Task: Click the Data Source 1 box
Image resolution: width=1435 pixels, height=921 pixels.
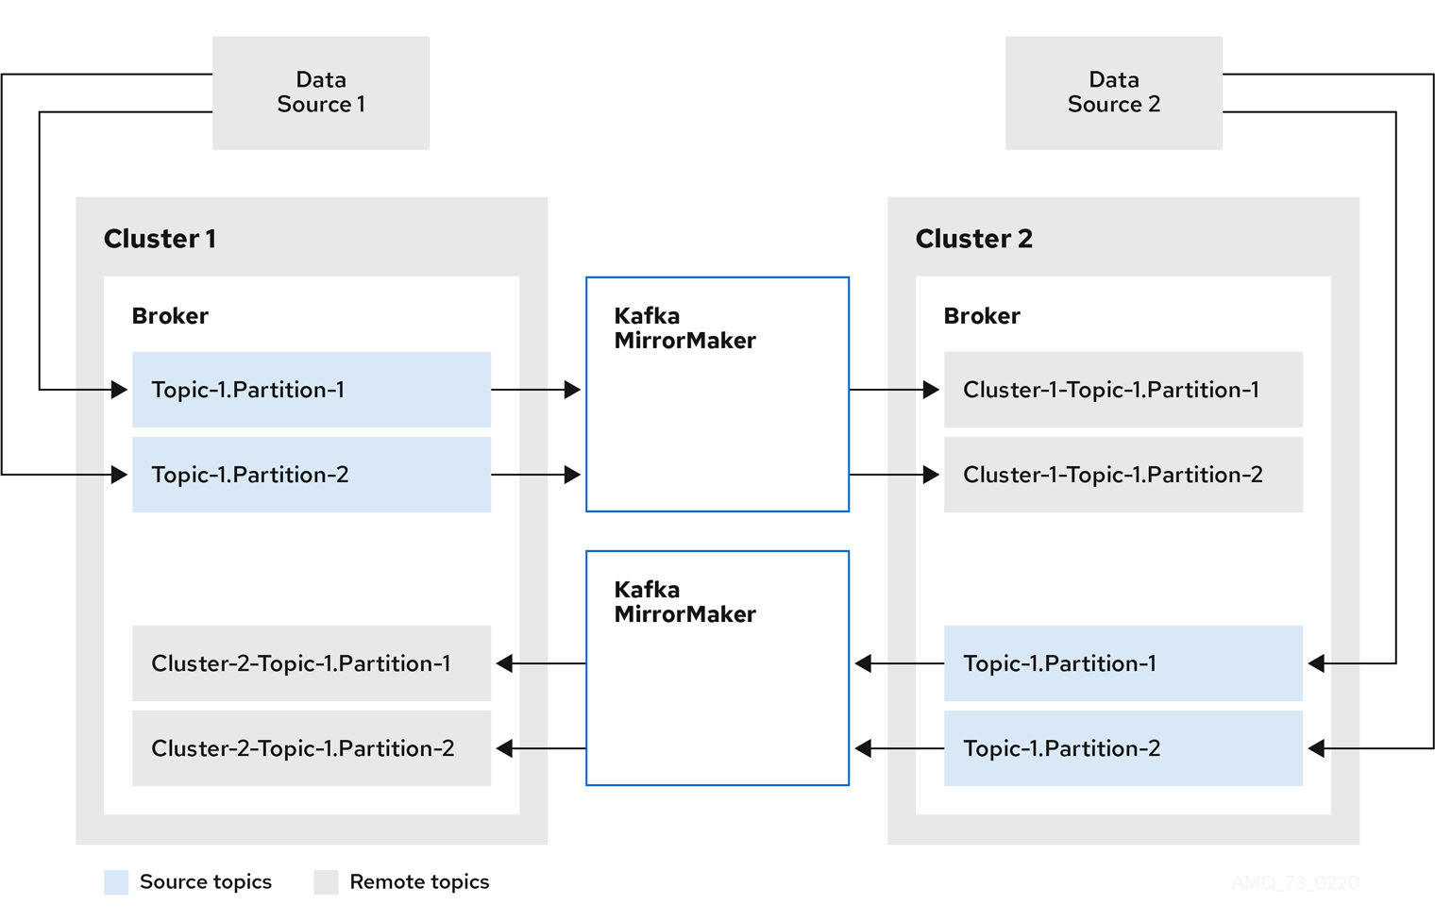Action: tap(321, 92)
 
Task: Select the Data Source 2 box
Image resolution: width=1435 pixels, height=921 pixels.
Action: tap(1113, 92)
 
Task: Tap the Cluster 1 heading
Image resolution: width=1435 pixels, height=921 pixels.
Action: tap(160, 239)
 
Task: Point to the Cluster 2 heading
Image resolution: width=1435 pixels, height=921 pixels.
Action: tap(973, 239)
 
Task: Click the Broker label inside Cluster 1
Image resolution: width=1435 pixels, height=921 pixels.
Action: tap(170, 316)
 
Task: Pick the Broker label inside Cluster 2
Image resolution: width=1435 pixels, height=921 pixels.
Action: tap(982, 316)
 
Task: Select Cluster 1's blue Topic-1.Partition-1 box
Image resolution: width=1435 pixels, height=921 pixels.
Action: tap(312, 390)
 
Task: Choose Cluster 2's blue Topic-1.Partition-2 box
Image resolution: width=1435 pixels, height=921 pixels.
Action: tap(1123, 748)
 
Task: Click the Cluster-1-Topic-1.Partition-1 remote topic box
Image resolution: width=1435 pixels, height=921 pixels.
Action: tap(1123, 390)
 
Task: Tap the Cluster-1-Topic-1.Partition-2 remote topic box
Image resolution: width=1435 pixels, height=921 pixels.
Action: tap(1123, 475)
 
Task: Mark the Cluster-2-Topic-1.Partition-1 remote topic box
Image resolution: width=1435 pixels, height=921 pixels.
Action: tap(312, 663)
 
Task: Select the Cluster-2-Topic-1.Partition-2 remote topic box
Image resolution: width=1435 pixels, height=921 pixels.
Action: tap(312, 748)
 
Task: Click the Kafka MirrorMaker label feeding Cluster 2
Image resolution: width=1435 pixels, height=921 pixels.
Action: tap(684, 328)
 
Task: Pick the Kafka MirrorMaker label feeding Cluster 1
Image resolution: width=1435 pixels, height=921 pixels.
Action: tap(684, 602)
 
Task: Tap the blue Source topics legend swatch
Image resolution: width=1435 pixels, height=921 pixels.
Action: tap(116, 882)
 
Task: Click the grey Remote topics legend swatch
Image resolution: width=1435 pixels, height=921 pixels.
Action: tap(326, 882)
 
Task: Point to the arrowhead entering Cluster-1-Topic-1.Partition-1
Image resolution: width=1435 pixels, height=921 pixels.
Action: tap(931, 390)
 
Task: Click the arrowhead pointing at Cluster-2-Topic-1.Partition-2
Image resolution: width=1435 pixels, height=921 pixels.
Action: tap(505, 748)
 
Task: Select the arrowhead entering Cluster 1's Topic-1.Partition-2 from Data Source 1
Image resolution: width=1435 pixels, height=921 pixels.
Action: tap(119, 475)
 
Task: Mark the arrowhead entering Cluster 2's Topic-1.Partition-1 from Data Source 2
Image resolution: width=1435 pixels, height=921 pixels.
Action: tap(1317, 663)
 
